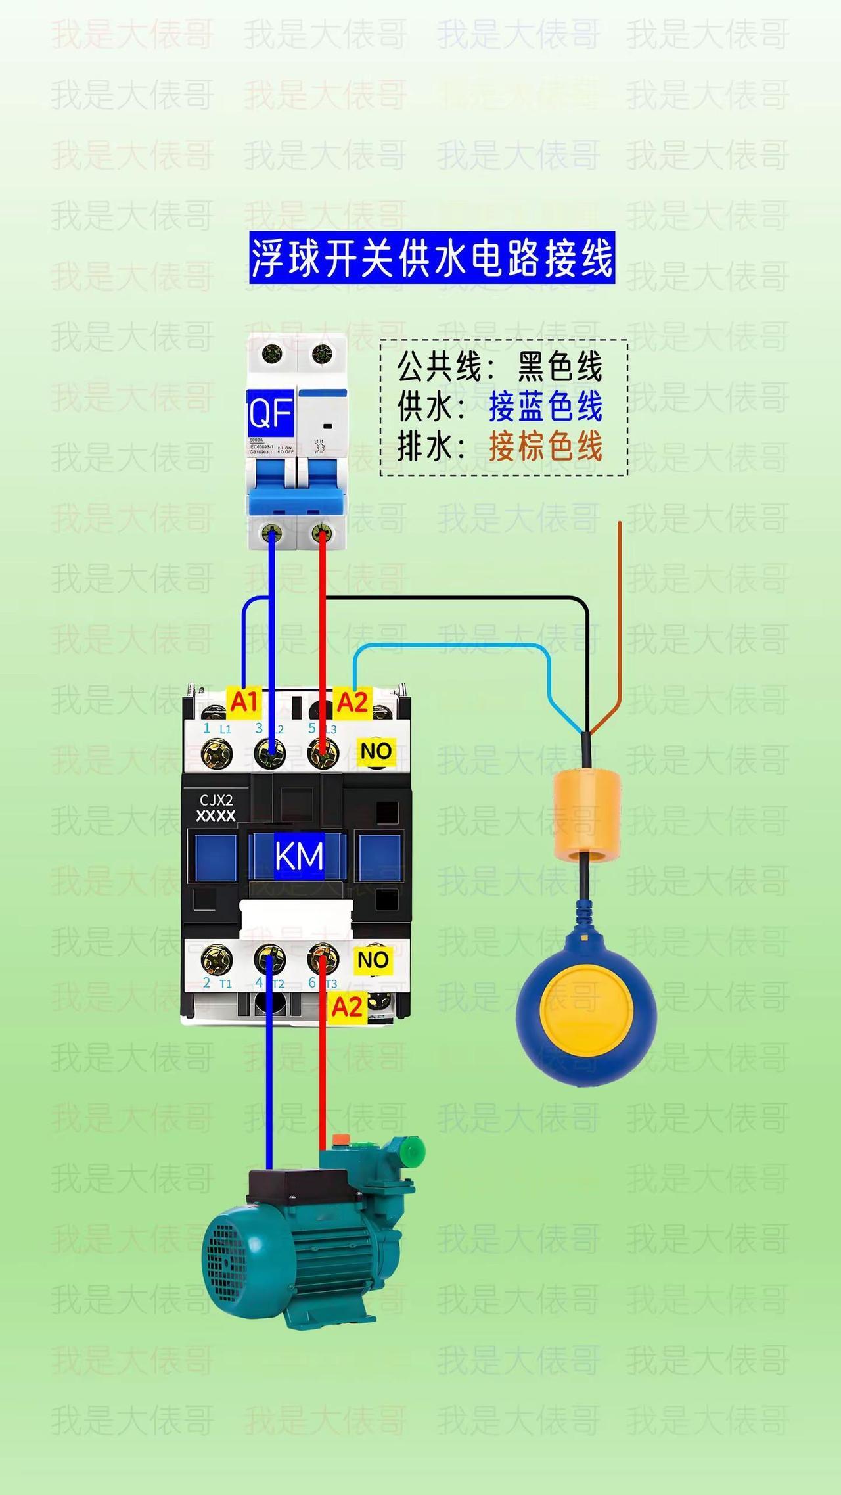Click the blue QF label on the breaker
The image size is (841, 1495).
coord(270,414)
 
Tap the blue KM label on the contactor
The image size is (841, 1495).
coord(299,856)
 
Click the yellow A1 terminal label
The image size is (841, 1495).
coord(244,702)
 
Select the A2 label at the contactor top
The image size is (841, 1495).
coord(352,702)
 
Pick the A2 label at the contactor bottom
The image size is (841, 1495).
coord(347,1006)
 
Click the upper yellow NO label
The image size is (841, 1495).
coord(376,751)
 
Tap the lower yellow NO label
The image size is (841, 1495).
coord(373,960)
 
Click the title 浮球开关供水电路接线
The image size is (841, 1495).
coord(432,258)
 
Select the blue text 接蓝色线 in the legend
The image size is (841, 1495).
coord(545,407)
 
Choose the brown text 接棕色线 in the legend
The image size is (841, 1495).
coord(545,448)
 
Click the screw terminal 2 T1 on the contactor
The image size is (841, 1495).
coord(217,961)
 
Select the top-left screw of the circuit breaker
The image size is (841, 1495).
coord(272,355)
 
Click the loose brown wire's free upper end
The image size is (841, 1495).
coord(620,524)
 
